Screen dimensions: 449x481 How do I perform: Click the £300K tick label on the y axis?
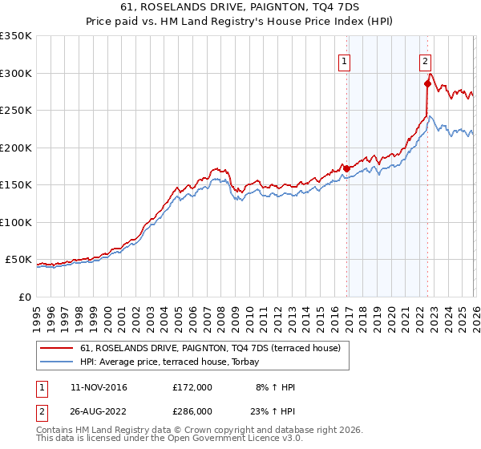click(x=16, y=73)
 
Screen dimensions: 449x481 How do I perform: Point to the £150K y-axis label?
click(x=16, y=185)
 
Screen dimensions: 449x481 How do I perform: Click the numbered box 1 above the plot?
click(x=345, y=60)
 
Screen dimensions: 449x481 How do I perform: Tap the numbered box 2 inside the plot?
click(x=425, y=60)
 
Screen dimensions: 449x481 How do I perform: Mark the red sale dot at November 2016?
click(x=346, y=168)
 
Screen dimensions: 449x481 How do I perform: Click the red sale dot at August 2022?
click(x=427, y=83)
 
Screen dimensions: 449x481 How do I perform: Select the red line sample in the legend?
click(x=58, y=347)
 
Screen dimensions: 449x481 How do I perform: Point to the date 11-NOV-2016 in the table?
click(x=99, y=387)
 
